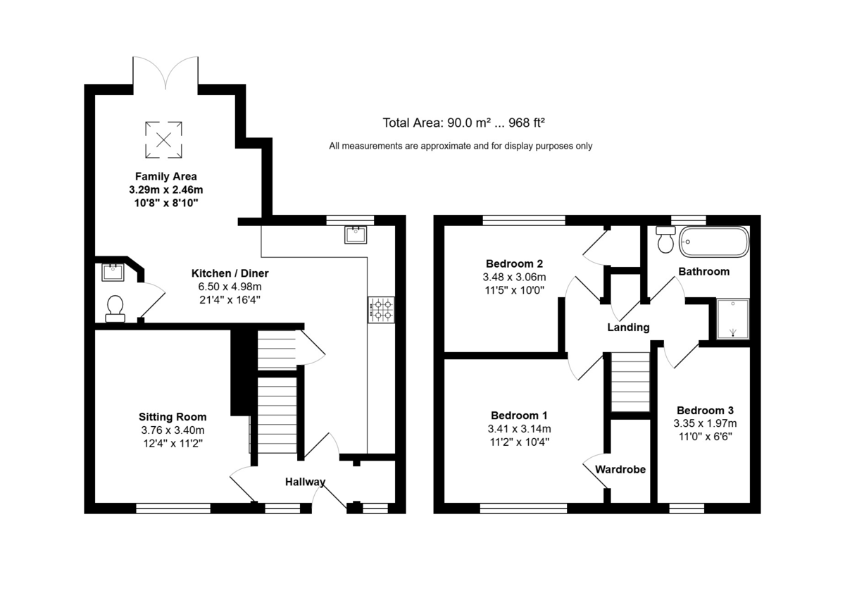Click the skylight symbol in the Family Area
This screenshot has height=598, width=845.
pos(163,139)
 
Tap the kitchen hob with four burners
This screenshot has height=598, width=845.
pos(382,310)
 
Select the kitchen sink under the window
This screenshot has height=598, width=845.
pos(356,235)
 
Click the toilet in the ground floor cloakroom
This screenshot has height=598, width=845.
pos(115,309)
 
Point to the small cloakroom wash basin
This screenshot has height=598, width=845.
pos(113,273)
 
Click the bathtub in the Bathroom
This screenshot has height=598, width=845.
pos(714,242)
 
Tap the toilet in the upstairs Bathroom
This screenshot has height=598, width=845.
pos(665,239)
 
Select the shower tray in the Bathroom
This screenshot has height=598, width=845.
pos(732,319)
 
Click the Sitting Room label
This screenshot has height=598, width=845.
pos(173,417)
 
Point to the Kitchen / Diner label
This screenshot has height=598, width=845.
pos(230,273)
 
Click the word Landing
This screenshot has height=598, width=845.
pos(628,327)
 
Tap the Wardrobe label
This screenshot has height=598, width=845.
pos(620,469)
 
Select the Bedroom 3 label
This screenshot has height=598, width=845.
pos(705,410)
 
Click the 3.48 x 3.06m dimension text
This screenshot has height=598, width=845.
pos(514,277)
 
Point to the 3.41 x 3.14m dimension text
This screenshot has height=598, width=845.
pos(519,428)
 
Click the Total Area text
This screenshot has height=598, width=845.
pos(463,123)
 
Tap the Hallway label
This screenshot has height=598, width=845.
pos(305,482)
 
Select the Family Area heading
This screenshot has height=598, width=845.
pos(166,177)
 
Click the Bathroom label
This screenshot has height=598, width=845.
pos(704,272)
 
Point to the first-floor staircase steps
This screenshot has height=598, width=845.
pos(630,382)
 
